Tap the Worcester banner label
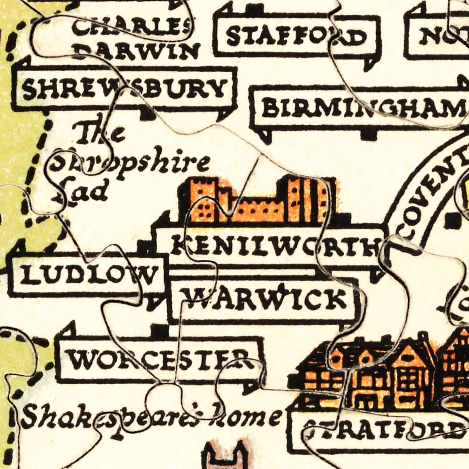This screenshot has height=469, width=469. coord(159,360)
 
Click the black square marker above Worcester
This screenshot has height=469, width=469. coord(160,331)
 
